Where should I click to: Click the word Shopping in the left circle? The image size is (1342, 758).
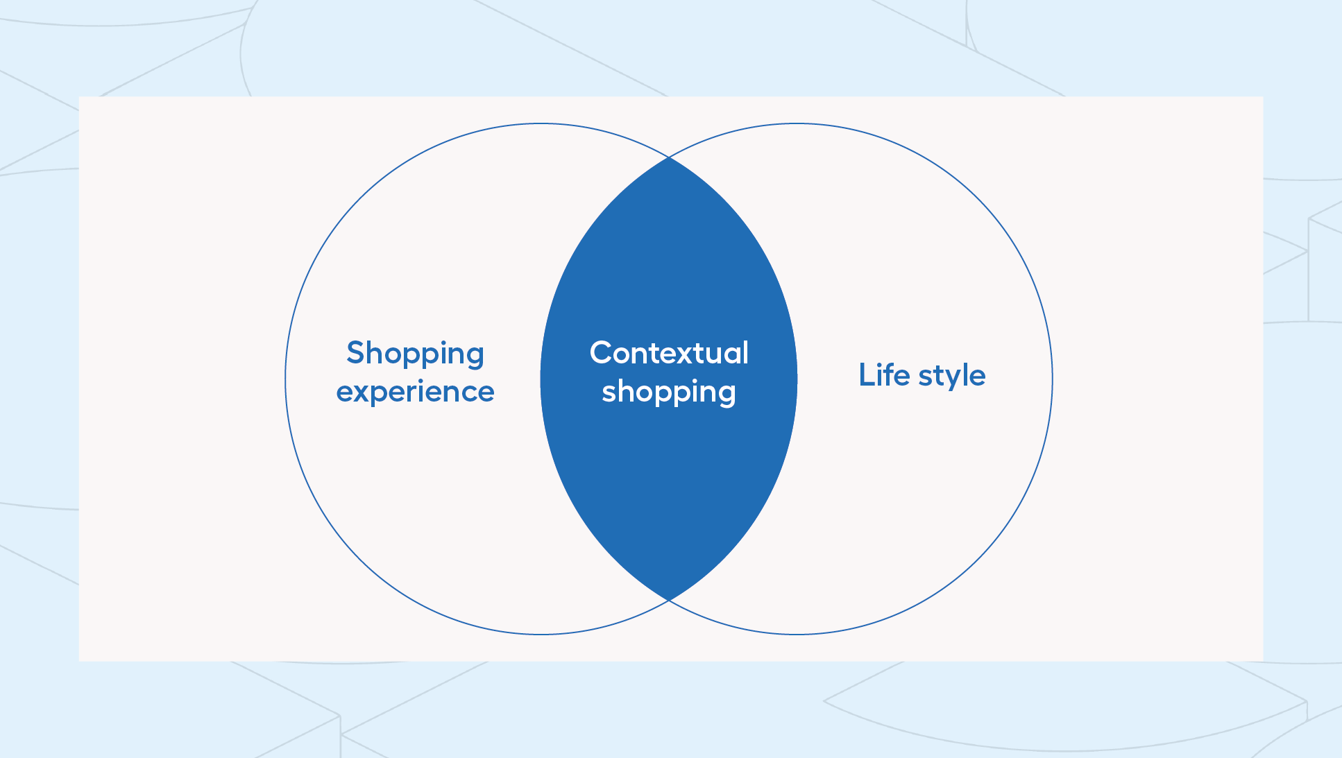(x=415, y=354)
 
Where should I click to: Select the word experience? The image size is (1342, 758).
(x=415, y=393)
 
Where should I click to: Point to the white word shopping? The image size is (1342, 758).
(x=669, y=393)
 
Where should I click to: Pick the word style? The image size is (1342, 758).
(x=952, y=377)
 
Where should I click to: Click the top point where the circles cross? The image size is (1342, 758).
(x=669, y=157)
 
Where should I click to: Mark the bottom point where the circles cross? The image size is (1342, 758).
(x=669, y=601)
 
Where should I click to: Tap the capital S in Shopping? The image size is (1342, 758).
(x=356, y=352)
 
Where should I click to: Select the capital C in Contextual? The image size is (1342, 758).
(x=602, y=352)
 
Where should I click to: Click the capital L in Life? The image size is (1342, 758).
(x=867, y=374)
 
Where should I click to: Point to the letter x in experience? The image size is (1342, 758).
(x=364, y=393)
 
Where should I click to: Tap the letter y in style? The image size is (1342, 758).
(x=945, y=380)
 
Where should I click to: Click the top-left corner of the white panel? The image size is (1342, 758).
(x=79, y=96)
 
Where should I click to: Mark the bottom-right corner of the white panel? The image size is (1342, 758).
(x=1263, y=661)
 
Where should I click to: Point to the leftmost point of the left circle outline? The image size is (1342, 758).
(x=285, y=379)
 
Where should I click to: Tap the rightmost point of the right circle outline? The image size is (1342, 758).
(x=1053, y=379)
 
